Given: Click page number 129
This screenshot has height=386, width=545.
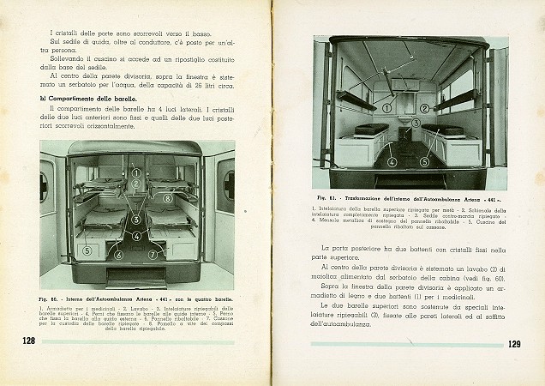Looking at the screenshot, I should pos(513,345).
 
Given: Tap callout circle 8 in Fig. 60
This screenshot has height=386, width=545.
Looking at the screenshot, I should pos(168,198).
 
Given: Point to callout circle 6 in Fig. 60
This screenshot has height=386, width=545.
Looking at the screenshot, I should pos(118,254).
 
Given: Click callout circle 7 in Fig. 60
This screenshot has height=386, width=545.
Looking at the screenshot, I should pos(153,254).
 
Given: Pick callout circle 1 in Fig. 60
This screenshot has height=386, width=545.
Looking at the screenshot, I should pos(135,172).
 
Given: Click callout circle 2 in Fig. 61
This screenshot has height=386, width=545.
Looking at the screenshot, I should pos(425,109).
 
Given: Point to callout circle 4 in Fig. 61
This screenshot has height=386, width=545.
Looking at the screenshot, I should pos(392,161).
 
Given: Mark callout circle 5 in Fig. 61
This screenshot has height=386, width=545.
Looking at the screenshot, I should pos(416,123).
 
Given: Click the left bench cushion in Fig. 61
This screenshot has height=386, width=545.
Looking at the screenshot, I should pos(370,130).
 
